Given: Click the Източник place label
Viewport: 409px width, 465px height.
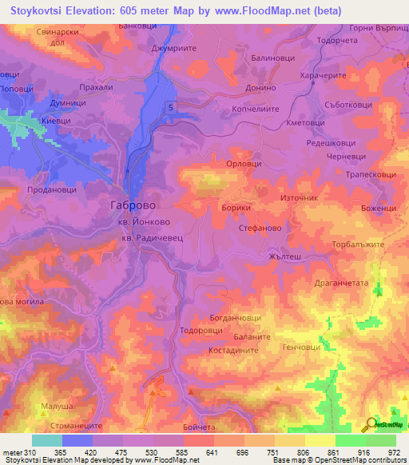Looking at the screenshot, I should pos(300,197).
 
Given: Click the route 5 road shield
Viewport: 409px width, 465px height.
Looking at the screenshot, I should pos(170,106).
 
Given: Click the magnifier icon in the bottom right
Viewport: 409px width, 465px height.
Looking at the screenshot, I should pos(369,423).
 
